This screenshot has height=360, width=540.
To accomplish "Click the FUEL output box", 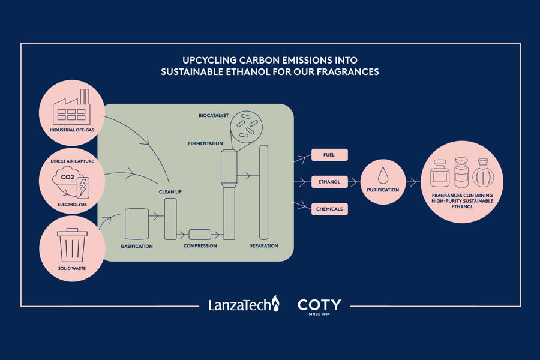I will click(x=329, y=155).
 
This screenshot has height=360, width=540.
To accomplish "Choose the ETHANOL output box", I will click(x=329, y=182).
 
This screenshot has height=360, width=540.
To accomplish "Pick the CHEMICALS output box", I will click(x=329, y=209).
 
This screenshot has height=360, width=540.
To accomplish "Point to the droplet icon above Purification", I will click(x=383, y=175).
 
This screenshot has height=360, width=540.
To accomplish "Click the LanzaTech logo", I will click(x=244, y=304).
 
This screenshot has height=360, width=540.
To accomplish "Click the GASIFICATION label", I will click(x=137, y=247).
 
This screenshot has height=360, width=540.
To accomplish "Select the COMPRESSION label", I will click(x=200, y=246).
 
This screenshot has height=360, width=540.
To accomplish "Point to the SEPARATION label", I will click(x=264, y=246).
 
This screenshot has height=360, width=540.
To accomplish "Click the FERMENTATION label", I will click(x=205, y=143).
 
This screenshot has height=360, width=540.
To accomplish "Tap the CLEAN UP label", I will click(x=170, y=191).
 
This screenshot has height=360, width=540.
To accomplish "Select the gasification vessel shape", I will click(x=137, y=224).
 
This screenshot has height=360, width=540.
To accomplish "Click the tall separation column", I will click(x=263, y=192).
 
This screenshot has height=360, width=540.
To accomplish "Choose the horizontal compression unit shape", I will click(x=200, y=235).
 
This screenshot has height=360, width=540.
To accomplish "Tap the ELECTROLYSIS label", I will click(x=73, y=205).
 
